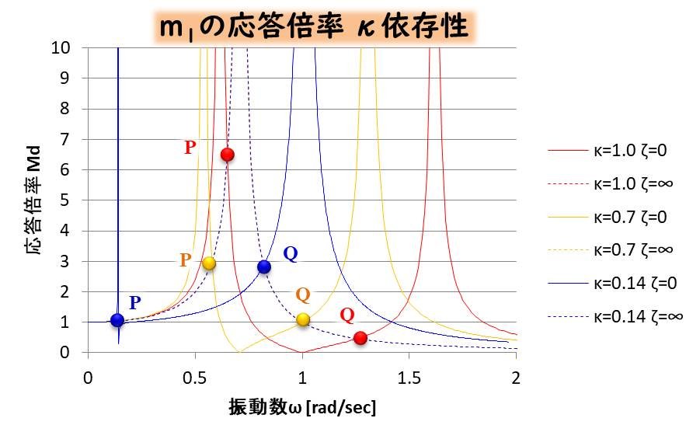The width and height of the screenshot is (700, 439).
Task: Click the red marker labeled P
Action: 227,154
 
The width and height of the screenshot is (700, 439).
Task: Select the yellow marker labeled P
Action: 208,263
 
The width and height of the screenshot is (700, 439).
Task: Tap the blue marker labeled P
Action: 117,320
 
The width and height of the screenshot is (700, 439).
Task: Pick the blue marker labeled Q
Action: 264,267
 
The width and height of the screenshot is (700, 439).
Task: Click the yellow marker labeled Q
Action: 303,319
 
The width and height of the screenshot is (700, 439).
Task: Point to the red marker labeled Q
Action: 360,338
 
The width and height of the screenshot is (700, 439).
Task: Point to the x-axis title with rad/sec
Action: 302,406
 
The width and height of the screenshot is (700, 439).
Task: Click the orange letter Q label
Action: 303,294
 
